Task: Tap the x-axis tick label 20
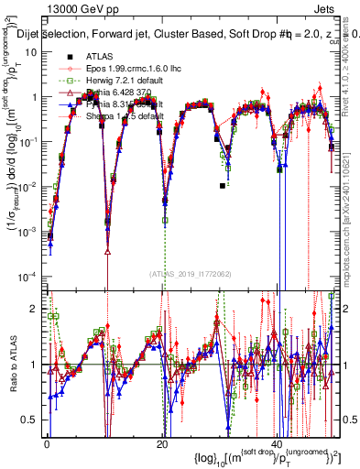click(162, 443)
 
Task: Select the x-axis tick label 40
click(278, 443)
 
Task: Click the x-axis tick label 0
click(47, 443)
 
